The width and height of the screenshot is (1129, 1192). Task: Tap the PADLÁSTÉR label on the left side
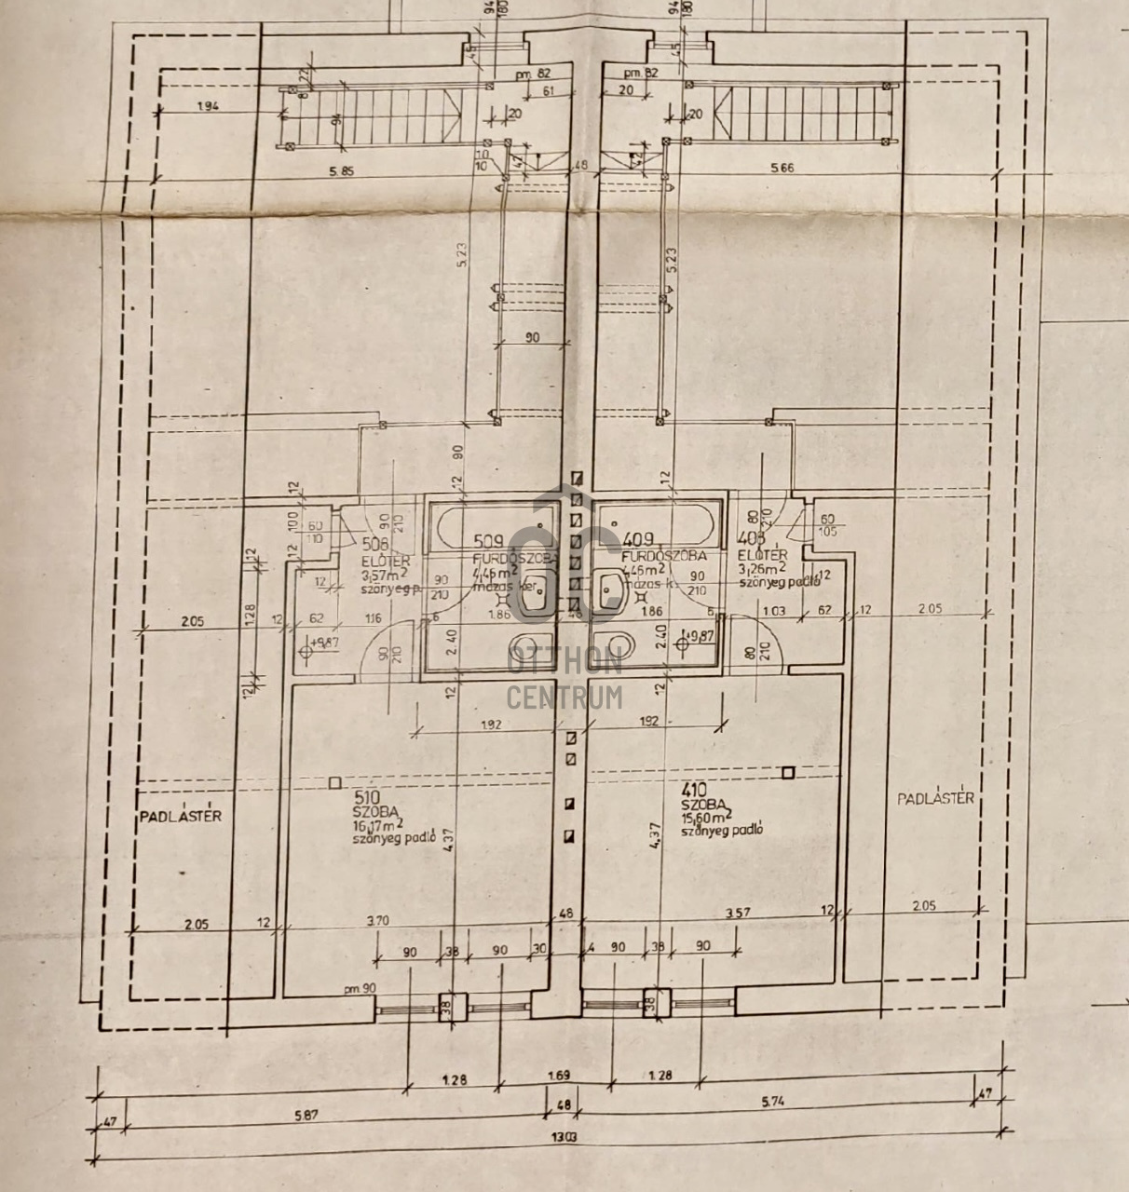coord(181,816)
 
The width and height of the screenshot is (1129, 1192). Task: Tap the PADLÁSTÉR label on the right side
coord(935,798)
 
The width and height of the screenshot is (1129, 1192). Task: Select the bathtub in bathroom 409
coord(658,524)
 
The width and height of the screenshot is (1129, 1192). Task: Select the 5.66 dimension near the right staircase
coord(784,169)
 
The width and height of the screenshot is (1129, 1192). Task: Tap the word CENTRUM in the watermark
coord(564,696)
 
